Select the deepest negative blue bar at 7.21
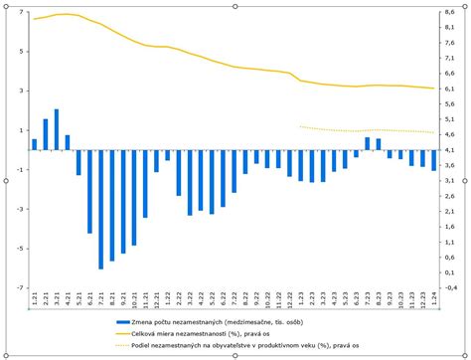tap(100, 210)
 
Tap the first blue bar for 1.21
tap(35, 145)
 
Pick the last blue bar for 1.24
tap(433, 160)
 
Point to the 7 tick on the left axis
tap(22, 12)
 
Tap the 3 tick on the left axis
tap(22, 90)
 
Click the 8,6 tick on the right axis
tap(450, 12)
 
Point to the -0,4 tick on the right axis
tap(451, 288)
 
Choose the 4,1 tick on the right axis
tap(450, 150)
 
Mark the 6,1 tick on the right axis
tap(450, 90)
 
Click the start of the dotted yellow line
tap(301, 126)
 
